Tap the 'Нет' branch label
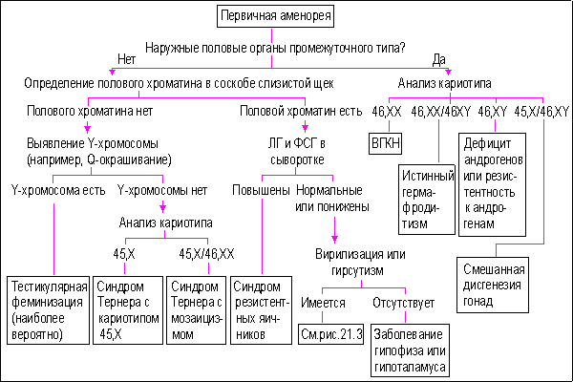pyautogui.click(x=127, y=60)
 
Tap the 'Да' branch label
pyautogui.click(x=438, y=60)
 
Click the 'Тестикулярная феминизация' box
pyautogui.click(x=48, y=310)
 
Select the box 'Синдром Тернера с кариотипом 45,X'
pyautogui.click(x=125, y=310)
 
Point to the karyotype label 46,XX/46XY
pyautogui.click(x=441, y=112)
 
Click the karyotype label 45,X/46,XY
pyautogui.click(x=541, y=112)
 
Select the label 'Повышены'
pyautogui.click(x=260, y=189)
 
